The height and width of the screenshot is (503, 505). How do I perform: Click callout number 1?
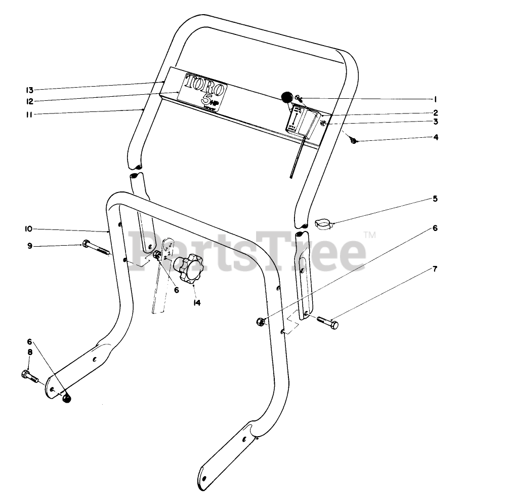pyautogui.click(x=434, y=99)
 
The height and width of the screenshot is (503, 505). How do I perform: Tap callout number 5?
pyautogui.click(x=434, y=199)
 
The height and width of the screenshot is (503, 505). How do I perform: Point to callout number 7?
pyautogui.click(x=434, y=268)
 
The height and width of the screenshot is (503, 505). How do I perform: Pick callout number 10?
pyautogui.click(x=29, y=229)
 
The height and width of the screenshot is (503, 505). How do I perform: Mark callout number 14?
pyautogui.click(x=196, y=302)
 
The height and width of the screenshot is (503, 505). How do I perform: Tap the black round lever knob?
pyautogui.click(x=286, y=96)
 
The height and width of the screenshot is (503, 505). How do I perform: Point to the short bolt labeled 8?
pyautogui.click(x=30, y=376)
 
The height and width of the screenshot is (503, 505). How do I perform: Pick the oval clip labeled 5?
pyautogui.click(x=323, y=223)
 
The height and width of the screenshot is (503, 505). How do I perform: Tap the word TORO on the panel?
pyautogui.click(x=204, y=83)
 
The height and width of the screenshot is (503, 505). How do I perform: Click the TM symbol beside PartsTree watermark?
pyautogui.click(x=370, y=235)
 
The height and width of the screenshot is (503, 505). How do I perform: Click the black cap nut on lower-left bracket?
pyautogui.click(x=66, y=399)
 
